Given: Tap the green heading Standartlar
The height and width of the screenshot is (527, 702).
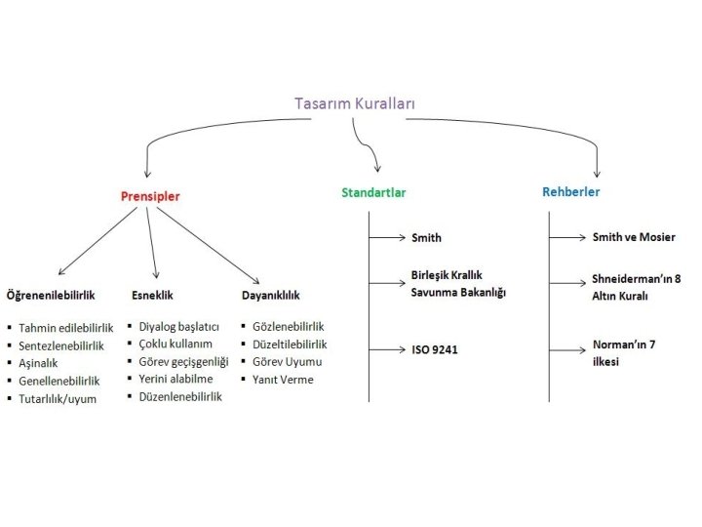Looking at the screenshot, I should click(x=373, y=192).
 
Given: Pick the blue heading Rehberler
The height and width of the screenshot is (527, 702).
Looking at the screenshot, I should click(x=571, y=192).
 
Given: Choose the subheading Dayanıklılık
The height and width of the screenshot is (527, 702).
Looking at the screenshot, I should click(x=270, y=294).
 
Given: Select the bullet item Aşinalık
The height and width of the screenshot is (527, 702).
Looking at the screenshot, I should click(x=39, y=362).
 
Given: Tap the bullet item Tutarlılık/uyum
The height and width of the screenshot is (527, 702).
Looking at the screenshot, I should click(x=58, y=398).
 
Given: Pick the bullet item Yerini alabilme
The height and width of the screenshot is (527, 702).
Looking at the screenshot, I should click(x=176, y=379).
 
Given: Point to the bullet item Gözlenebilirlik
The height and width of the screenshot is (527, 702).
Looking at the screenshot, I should click(x=288, y=326).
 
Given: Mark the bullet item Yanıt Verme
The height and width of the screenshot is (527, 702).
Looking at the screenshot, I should click(x=283, y=379).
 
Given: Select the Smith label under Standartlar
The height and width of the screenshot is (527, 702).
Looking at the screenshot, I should click(x=426, y=237).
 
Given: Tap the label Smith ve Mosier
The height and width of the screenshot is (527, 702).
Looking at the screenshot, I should click(x=634, y=237).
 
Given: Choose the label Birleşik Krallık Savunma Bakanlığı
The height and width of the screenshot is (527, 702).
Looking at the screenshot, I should click(x=458, y=284).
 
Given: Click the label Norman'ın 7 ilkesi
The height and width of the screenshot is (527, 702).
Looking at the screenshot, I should click(x=625, y=353).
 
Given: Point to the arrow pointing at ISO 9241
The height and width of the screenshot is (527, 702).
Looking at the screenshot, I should click(x=388, y=348).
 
